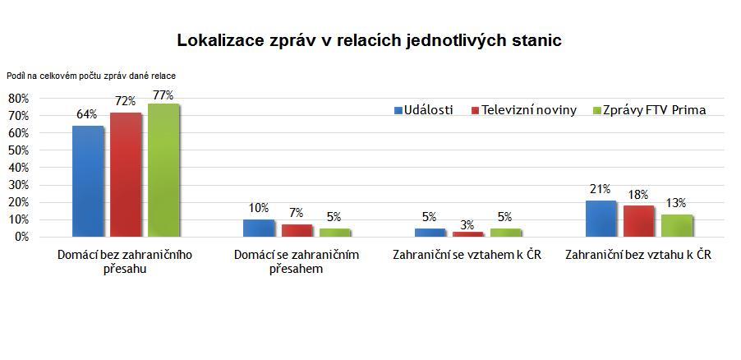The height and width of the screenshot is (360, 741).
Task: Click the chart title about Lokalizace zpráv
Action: click(370, 39)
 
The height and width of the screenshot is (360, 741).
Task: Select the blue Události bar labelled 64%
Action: click(88, 181)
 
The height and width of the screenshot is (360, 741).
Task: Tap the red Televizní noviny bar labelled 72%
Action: click(126, 174)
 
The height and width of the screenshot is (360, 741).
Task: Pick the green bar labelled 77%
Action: click(163, 170)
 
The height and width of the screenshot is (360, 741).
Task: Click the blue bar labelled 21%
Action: click(601, 219)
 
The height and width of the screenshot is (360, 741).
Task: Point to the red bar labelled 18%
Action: click(639, 221)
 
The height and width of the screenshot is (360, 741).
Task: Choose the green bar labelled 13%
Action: click(676, 225)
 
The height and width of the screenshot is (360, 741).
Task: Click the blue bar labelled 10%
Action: click(258, 228)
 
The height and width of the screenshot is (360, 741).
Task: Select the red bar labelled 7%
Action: click(296, 230)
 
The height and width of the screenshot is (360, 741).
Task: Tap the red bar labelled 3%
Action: click(467, 234)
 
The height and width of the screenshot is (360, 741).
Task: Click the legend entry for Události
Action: click(423, 110)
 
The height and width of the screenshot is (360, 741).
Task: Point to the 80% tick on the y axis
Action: click(18, 98)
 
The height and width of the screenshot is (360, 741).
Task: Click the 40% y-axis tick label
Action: click(18, 167)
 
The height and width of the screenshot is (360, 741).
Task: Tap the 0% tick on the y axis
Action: click(21, 237)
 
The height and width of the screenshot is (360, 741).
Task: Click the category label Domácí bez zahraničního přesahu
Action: click(125, 261)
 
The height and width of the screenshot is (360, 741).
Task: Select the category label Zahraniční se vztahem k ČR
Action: click(467, 255)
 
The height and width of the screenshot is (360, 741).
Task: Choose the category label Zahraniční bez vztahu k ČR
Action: click(638, 255)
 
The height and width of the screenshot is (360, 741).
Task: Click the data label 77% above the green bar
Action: click(163, 95)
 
